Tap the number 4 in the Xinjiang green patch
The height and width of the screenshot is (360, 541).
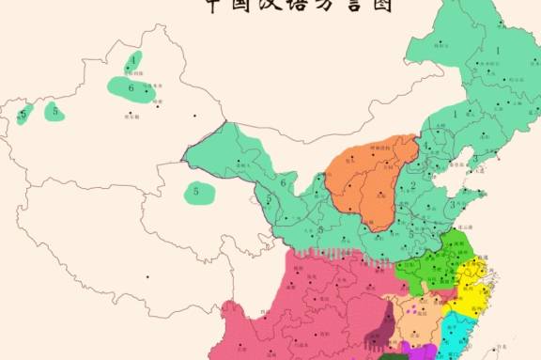(133, 60)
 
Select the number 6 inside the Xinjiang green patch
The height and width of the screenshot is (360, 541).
(131, 89)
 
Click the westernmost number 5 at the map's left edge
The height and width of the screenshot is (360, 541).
(23, 115)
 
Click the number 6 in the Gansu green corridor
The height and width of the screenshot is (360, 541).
(282, 182)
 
